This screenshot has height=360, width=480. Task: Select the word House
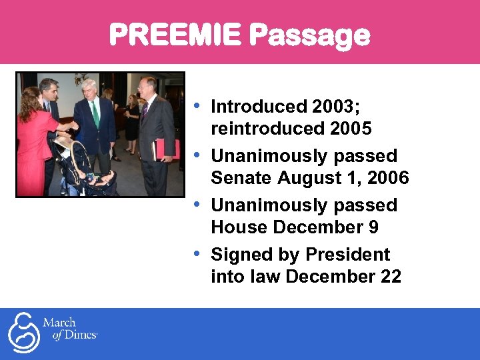click(239, 227)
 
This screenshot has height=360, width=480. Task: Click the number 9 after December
click(373, 227)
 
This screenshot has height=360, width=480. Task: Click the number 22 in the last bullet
click(390, 277)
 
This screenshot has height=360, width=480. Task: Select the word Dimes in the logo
click(81, 335)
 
